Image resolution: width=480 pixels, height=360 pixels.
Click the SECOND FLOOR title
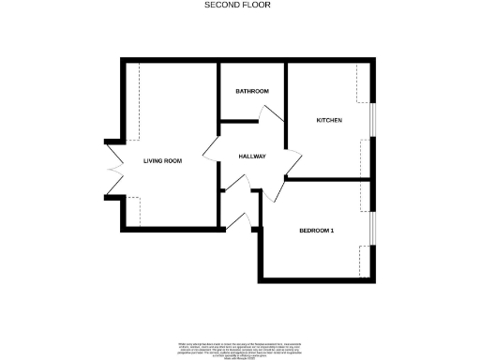click(x=239, y=5)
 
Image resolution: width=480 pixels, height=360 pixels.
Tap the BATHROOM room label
click(x=252, y=91)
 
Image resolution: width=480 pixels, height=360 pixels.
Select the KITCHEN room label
click(x=329, y=121)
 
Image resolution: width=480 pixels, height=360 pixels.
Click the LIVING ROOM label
click(x=162, y=161)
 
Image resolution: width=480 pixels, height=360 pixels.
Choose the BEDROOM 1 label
click(x=317, y=231)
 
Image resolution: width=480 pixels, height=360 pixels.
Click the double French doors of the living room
click(x=113, y=168)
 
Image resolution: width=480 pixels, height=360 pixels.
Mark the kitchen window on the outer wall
click(x=372, y=121)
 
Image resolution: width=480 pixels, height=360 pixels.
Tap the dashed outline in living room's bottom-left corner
click(x=133, y=211)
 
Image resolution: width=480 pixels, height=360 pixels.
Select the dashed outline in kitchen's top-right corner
click(x=365, y=83)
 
